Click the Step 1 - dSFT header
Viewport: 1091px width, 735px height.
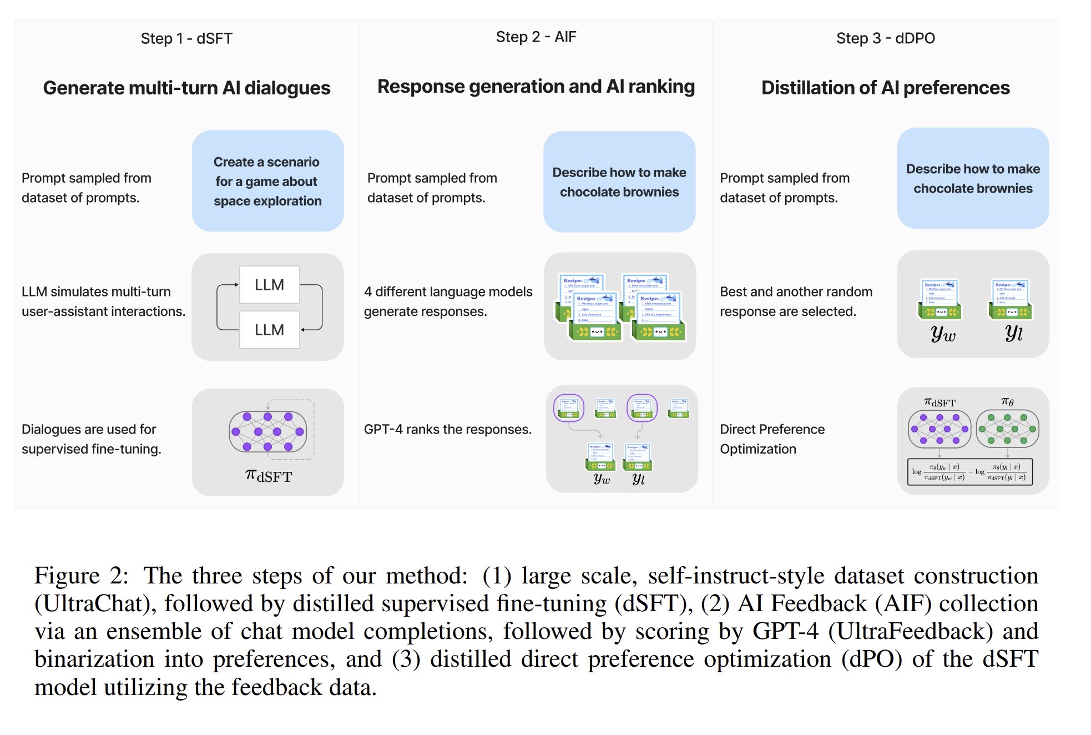click(x=186, y=38)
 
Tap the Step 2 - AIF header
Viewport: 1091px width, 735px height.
click(x=536, y=37)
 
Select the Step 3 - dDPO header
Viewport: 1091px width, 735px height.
click(x=885, y=38)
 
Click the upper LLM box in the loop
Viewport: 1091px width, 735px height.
click(x=269, y=285)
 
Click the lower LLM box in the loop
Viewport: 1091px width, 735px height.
click(x=269, y=330)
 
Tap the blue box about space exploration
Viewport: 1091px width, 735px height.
click(x=267, y=181)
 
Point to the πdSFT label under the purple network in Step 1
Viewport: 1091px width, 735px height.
click(x=269, y=476)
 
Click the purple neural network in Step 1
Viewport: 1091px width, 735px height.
click(x=267, y=431)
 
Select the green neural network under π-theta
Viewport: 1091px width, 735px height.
click(x=1007, y=429)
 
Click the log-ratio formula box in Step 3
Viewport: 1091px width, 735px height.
click(x=969, y=472)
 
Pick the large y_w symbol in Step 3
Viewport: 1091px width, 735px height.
click(x=943, y=333)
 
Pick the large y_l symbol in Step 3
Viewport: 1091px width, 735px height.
click(x=1013, y=333)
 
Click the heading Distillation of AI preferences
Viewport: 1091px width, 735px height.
click(x=885, y=88)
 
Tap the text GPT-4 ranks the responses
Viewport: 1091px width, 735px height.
click(x=447, y=429)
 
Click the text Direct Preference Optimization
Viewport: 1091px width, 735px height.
click(x=772, y=439)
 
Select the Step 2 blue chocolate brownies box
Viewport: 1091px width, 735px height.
click(x=619, y=182)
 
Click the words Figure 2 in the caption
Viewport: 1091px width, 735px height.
click(x=81, y=576)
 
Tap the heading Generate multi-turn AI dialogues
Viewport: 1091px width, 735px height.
click(x=186, y=88)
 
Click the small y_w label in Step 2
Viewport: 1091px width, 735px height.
click(x=602, y=479)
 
